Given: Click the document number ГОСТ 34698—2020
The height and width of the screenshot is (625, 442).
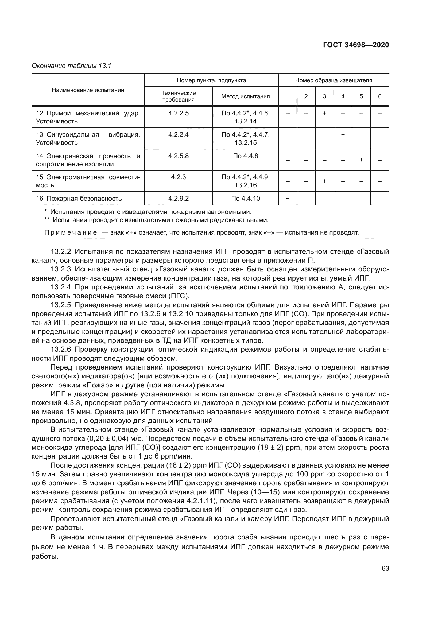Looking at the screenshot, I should tap(356, 45).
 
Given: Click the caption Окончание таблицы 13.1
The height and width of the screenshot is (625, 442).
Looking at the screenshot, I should tap(72, 66).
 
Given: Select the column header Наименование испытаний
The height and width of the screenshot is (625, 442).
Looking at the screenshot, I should tap(88, 90).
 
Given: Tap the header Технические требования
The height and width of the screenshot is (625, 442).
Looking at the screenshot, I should tap(178, 96).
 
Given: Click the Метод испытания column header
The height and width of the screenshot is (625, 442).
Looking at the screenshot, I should tap(245, 96).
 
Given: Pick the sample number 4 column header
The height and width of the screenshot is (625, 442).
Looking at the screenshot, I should tap(343, 96).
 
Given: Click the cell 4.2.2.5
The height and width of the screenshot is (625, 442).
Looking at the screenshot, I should tap(178, 113).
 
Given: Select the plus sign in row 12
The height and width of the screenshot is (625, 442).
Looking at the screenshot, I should tap(324, 113).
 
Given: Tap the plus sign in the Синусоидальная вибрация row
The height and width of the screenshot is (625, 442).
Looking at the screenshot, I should tap(343, 134).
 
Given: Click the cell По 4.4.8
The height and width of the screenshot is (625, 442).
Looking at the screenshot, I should tap(245, 156).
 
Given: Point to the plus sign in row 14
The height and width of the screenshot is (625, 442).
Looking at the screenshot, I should tap(361, 160).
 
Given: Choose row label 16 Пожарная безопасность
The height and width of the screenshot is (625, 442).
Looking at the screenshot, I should tap(79, 199).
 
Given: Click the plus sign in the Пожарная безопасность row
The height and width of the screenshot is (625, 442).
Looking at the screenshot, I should tap(288, 199).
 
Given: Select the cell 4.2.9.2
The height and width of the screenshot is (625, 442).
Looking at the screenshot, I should tap(178, 199).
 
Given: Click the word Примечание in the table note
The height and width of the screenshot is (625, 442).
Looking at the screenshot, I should tap(71, 232).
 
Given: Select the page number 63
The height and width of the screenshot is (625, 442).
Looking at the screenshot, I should tap(385, 569).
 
